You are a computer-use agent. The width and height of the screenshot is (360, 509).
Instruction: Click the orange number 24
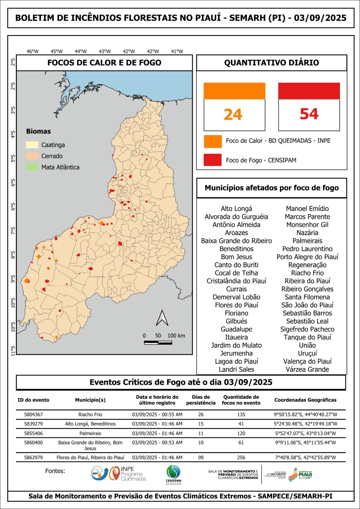(233, 114)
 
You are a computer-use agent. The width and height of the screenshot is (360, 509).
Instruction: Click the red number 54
(309, 114)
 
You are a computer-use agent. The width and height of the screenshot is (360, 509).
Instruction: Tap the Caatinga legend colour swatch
(32, 145)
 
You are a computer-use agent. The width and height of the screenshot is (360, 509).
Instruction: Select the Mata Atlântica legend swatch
(32, 167)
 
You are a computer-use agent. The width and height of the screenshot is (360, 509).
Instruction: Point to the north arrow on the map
(162, 318)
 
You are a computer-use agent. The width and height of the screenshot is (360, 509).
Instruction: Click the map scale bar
(158, 343)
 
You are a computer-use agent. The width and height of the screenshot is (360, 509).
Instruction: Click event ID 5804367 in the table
(33, 415)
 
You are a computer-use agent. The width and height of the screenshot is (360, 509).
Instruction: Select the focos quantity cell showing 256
(241, 457)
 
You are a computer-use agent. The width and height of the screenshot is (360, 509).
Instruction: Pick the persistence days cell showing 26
(201, 415)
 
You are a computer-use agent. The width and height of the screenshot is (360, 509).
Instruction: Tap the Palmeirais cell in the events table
(90, 433)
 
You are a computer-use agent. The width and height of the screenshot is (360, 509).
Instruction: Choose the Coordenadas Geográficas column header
(305, 400)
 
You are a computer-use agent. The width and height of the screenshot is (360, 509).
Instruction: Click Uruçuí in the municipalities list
(307, 353)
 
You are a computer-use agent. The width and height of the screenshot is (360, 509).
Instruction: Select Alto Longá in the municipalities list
(236, 209)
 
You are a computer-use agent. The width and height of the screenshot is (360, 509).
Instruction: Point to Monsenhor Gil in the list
(307, 225)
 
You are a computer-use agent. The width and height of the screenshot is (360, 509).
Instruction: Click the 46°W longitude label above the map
(32, 52)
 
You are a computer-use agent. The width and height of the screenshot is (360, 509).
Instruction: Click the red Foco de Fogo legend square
(213, 160)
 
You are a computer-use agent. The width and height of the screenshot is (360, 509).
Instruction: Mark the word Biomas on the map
(39, 131)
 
